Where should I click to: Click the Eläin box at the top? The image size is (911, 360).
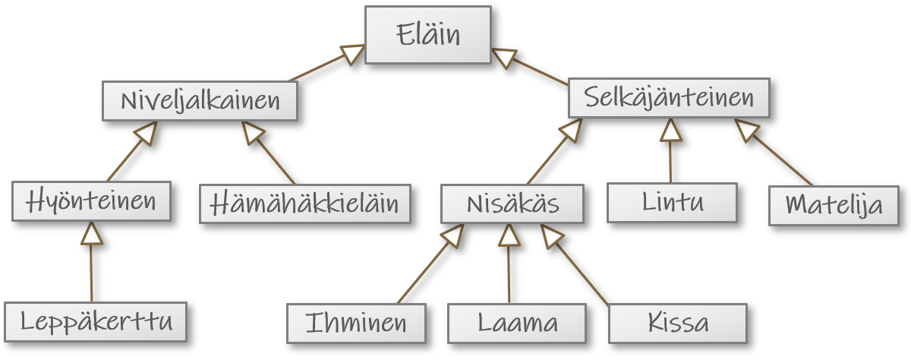point(427,35)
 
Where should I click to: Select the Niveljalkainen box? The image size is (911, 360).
point(200,101)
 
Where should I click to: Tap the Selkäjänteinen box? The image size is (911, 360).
point(668,98)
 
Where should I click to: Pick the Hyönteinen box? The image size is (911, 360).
point(91,201)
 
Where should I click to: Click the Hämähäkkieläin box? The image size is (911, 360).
point(304,204)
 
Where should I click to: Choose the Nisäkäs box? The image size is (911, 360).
point(512,204)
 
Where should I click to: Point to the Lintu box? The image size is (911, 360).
point(672,202)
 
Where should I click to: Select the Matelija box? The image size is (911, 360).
point(834,205)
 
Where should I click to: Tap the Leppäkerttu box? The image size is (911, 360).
point(96,321)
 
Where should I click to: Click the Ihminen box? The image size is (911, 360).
point(356,323)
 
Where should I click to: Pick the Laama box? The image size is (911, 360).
point(516,323)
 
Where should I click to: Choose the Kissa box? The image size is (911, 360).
point(677,323)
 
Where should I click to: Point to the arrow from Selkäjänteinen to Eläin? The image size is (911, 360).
point(530,66)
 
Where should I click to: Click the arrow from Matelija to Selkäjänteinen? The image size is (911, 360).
point(774,152)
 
